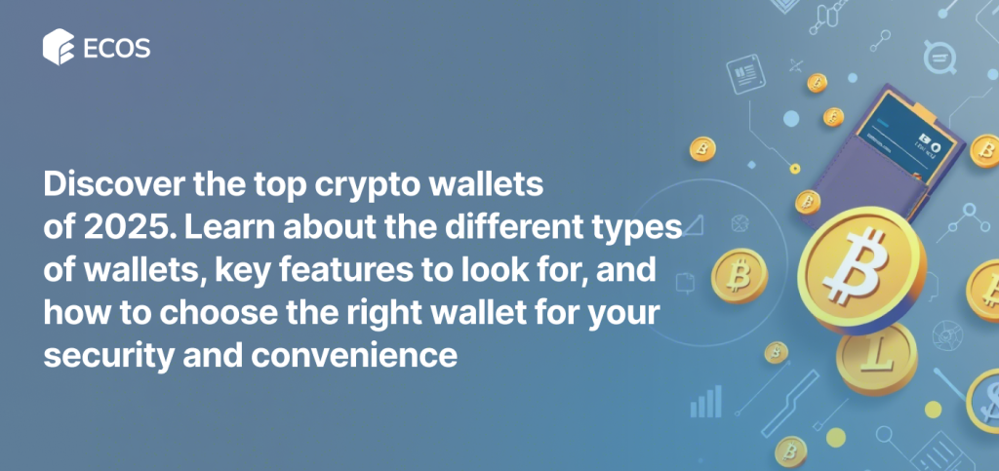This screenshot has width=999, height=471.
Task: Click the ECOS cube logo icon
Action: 59,47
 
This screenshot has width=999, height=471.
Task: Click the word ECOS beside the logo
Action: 117,48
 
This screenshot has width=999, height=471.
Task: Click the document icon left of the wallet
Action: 745,74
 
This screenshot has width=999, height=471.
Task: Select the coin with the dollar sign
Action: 983,401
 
